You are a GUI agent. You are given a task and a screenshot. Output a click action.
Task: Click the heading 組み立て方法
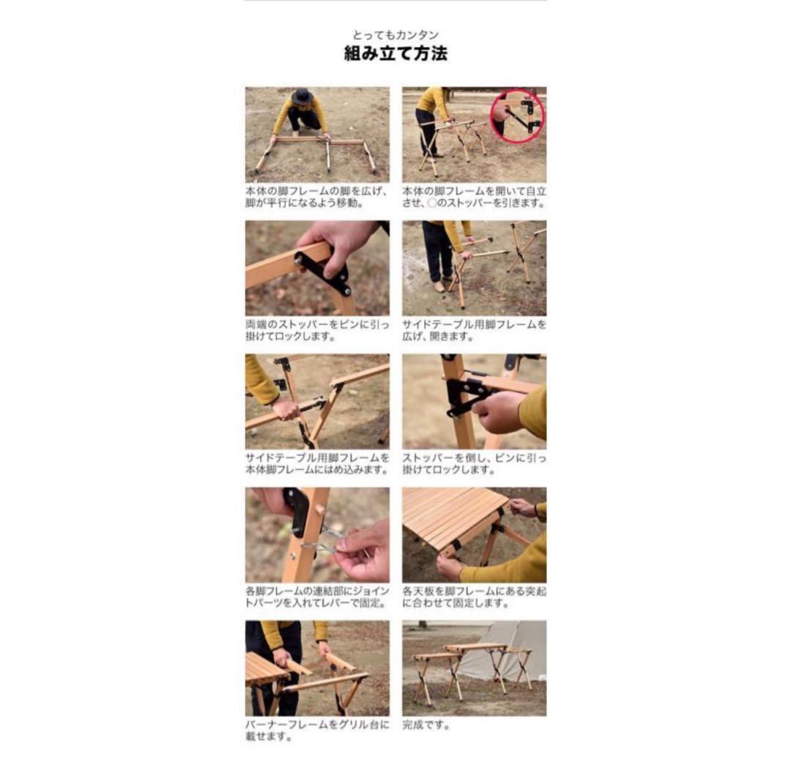(x=395, y=53)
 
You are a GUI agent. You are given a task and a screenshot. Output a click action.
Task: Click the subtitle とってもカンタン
(x=395, y=35)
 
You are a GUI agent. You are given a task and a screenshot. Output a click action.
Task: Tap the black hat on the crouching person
(x=302, y=95)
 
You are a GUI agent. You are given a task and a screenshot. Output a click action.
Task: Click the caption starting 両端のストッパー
(x=317, y=330)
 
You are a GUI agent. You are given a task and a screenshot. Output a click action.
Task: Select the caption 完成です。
(x=426, y=725)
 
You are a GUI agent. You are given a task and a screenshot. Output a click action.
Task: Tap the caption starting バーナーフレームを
(x=317, y=730)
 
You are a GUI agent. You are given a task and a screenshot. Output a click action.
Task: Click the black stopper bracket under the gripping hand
(x=324, y=273)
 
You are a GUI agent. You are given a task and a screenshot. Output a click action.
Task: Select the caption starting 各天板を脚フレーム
(x=474, y=597)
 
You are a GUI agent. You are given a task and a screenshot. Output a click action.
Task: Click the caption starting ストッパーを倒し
(x=474, y=464)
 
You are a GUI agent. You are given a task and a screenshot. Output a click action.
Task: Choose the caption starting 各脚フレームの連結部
(x=317, y=597)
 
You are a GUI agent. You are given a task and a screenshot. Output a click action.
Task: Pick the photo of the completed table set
(x=474, y=668)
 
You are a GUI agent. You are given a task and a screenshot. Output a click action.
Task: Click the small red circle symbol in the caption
(x=432, y=203)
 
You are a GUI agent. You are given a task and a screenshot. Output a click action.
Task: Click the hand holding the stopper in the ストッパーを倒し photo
(x=497, y=411)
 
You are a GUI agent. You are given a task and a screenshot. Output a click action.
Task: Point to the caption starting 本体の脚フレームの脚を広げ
(x=317, y=197)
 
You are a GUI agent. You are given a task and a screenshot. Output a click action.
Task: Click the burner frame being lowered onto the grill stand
(x=323, y=676)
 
